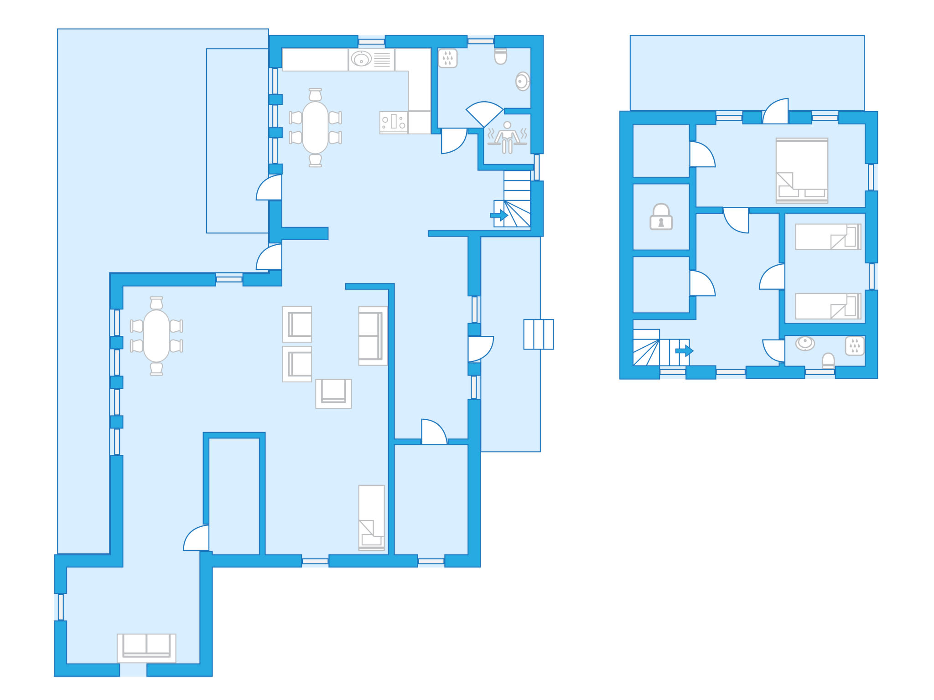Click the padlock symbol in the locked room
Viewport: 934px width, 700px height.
click(x=661, y=217)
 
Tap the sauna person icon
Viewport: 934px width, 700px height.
click(x=507, y=136)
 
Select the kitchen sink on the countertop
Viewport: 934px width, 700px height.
click(x=361, y=59)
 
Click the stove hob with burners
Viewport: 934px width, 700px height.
click(x=394, y=122)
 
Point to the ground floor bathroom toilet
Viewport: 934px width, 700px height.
click(x=500, y=57)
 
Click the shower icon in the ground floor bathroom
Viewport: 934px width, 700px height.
click(x=447, y=58)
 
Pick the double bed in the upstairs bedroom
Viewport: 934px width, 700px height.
click(x=802, y=170)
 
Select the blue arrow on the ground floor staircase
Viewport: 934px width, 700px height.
click(x=499, y=215)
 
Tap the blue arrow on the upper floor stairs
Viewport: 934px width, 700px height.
click(x=684, y=350)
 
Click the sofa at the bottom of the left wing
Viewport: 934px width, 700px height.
click(x=146, y=648)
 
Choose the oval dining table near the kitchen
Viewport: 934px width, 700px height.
click(x=315, y=128)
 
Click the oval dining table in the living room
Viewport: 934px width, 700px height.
click(x=156, y=336)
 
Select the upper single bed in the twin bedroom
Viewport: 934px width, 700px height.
click(x=828, y=237)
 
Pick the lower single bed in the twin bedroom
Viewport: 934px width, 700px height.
click(x=828, y=306)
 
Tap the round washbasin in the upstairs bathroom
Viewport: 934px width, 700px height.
click(x=805, y=343)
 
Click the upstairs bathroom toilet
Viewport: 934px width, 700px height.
click(x=828, y=360)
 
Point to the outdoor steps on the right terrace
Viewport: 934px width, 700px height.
click(x=538, y=334)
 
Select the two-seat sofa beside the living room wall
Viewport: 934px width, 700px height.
click(x=372, y=336)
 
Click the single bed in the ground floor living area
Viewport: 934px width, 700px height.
click(x=371, y=517)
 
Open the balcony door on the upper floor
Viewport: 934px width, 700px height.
click(x=776, y=112)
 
